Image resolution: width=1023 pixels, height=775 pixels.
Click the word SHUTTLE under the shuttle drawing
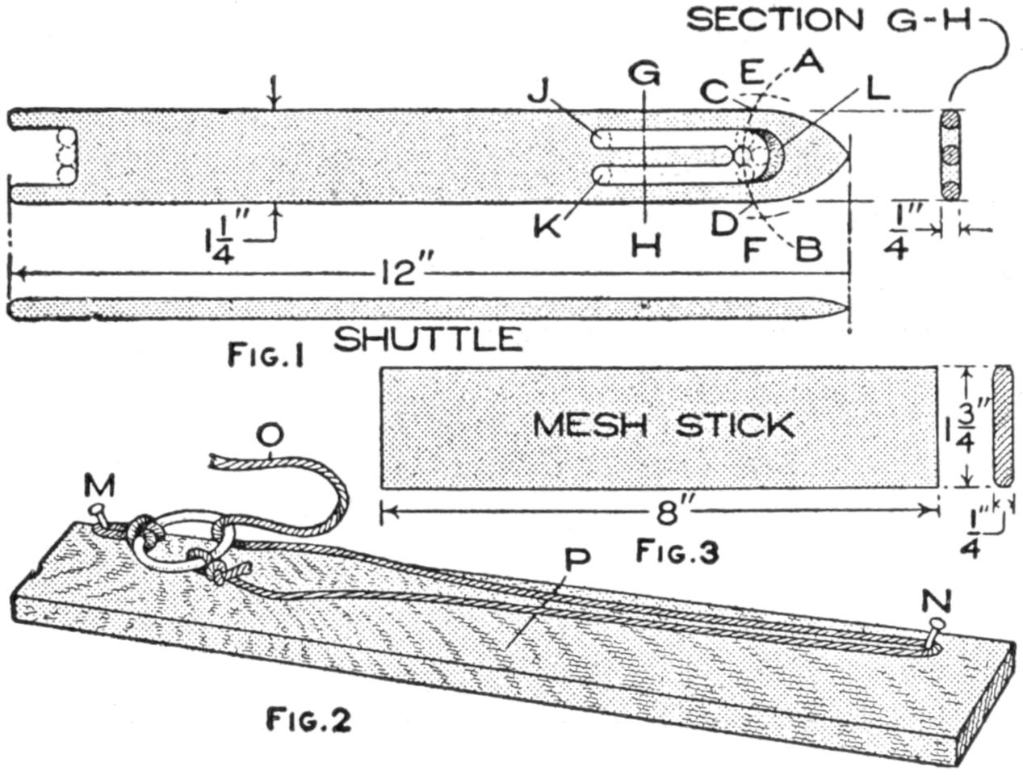pyautogui.click(x=428, y=339)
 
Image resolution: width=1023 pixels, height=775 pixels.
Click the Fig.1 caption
pyautogui.click(x=266, y=355)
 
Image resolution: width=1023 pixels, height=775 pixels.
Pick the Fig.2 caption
pyautogui.click(x=309, y=718)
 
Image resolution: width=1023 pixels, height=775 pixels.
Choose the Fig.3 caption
pyautogui.click(x=677, y=552)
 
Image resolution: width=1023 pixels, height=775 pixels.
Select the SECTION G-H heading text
pyautogui.click(x=828, y=19)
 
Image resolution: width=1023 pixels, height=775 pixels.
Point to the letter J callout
pyautogui.click(x=539, y=93)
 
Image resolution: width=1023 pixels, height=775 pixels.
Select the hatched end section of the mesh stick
pyautogui.click(x=1003, y=425)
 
